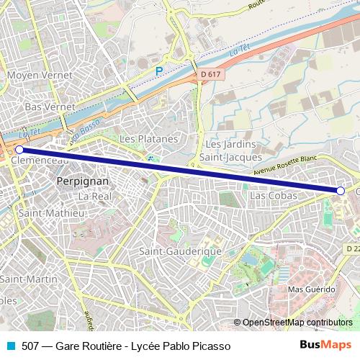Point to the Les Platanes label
tap(148, 138)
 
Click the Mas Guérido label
tap(311, 288)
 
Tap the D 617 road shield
tap(210, 73)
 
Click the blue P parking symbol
tap(159, 71)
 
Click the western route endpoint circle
tap(19, 150)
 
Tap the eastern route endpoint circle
tap(341, 191)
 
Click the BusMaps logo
tap(325, 345)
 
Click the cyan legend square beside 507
tap(9, 346)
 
